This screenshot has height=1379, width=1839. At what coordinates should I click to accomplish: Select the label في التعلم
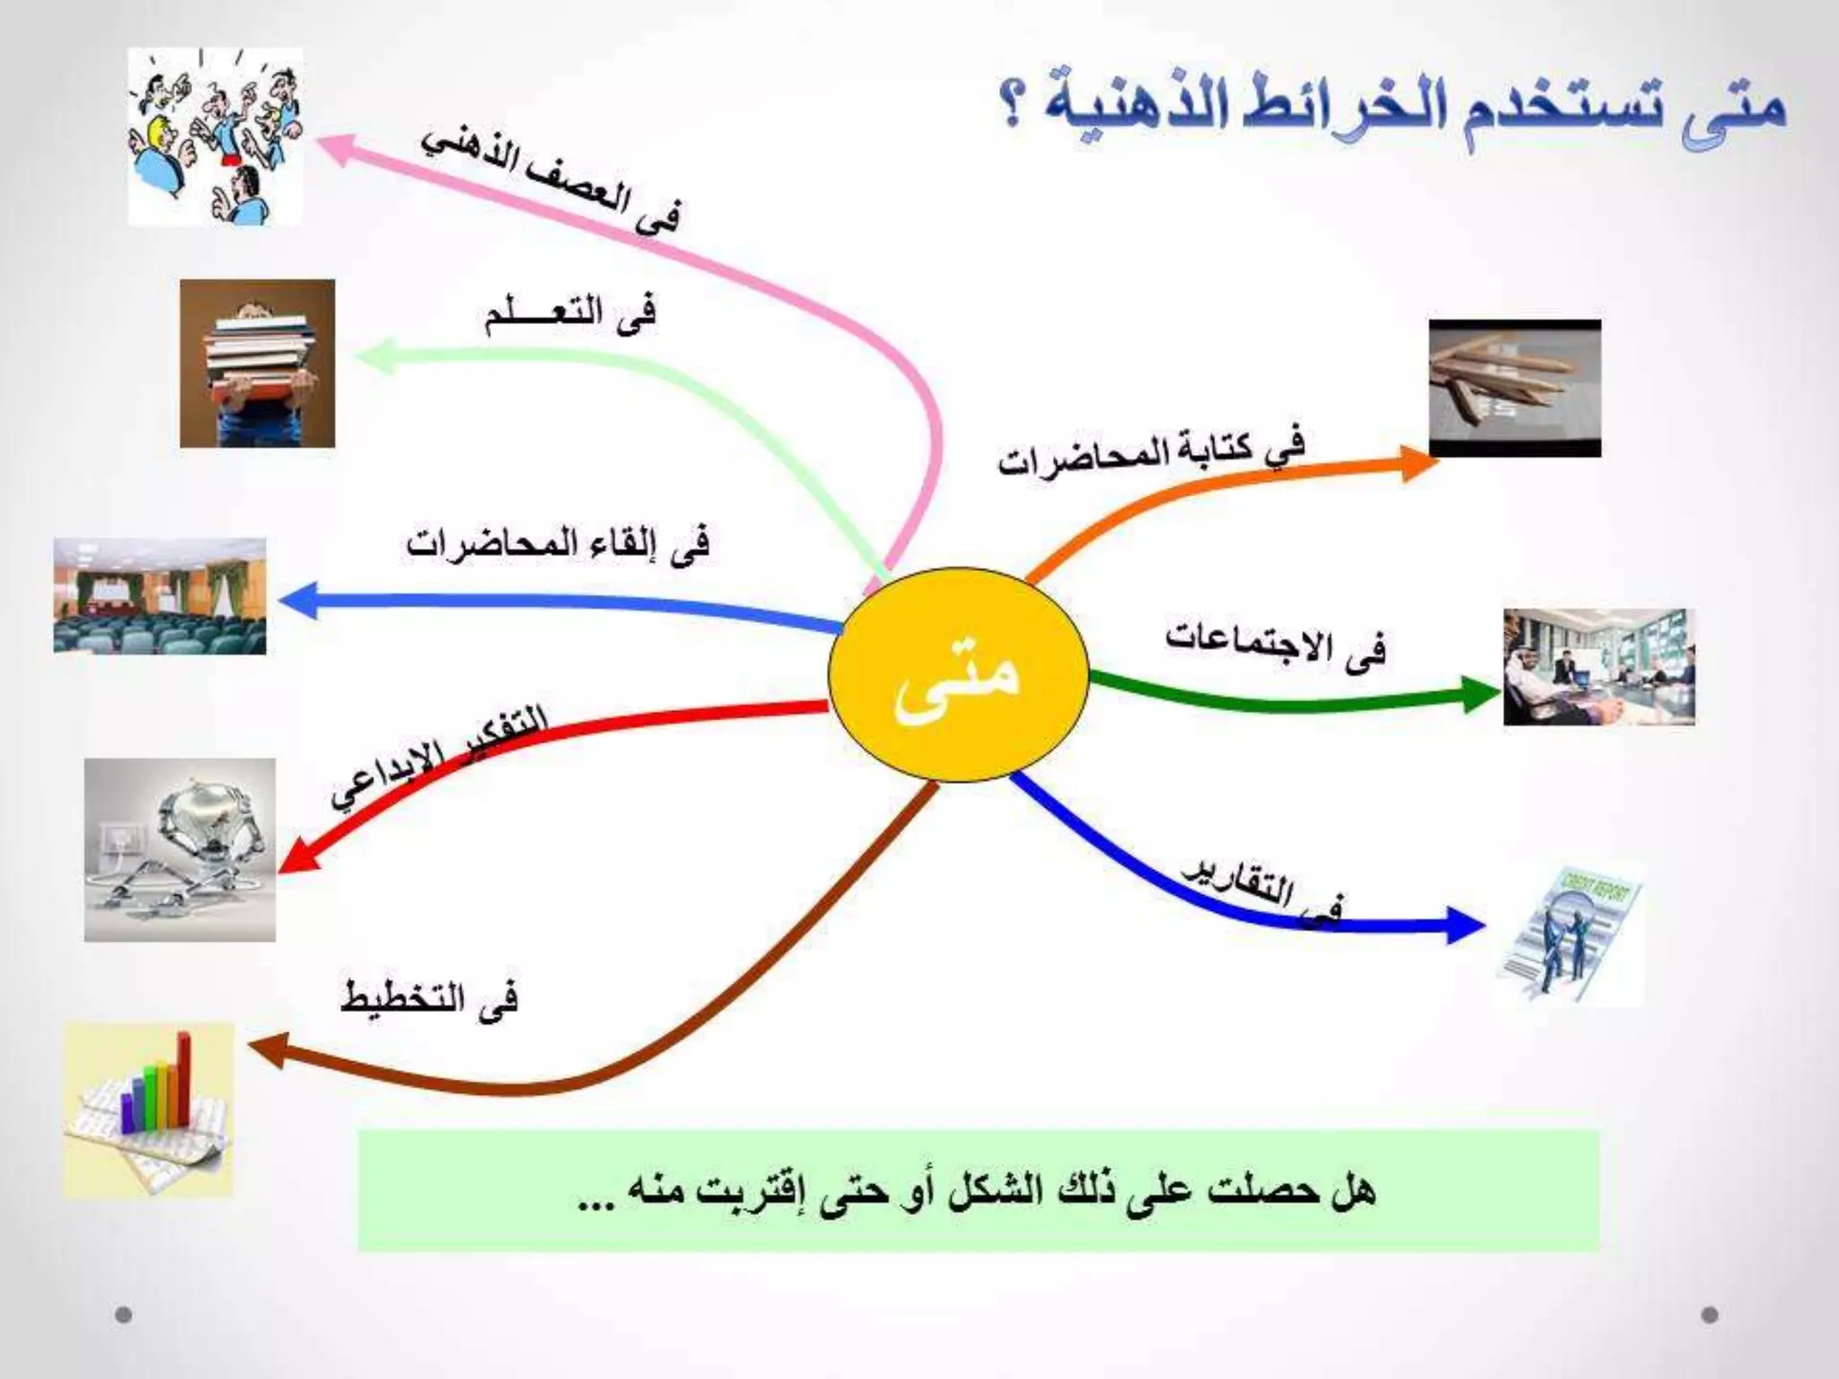tap(570, 316)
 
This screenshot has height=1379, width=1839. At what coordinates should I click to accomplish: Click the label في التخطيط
tap(429, 998)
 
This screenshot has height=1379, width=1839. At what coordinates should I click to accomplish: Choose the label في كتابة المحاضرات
tap(1151, 455)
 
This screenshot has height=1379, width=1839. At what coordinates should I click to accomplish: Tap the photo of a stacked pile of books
tap(257, 364)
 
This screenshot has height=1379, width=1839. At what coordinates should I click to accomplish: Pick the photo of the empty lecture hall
tap(160, 596)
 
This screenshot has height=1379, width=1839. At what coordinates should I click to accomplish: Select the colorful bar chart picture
tap(149, 1110)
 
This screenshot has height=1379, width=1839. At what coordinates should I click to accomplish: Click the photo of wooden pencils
tap(1515, 388)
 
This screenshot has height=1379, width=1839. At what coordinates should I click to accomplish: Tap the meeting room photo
tap(1599, 667)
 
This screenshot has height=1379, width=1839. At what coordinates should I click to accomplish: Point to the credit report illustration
tap(1571, 934)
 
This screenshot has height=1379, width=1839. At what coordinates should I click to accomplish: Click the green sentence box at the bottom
tap(978, 1190)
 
